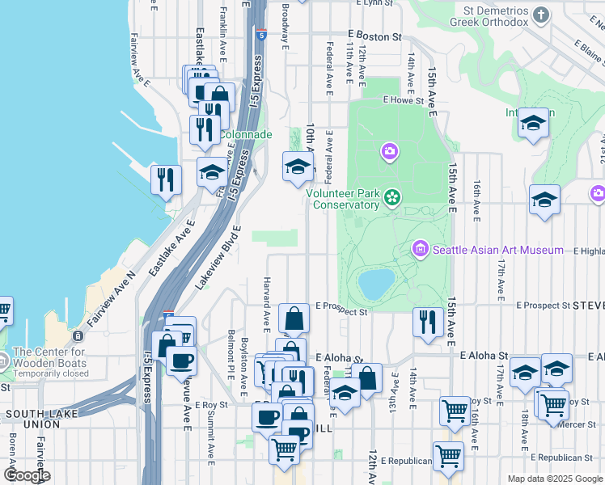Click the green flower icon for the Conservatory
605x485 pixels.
click(393, 198)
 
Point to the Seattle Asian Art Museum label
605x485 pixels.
click(498, 250)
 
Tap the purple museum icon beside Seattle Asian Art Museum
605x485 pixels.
click(421, 249)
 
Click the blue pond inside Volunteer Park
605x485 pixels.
click(376, 284)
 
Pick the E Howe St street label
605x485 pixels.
click(404, 101)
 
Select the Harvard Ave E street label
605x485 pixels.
click(265, 304)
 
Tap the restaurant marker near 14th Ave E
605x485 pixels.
click(425, 323)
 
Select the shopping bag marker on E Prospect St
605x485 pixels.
click(294, 318)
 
